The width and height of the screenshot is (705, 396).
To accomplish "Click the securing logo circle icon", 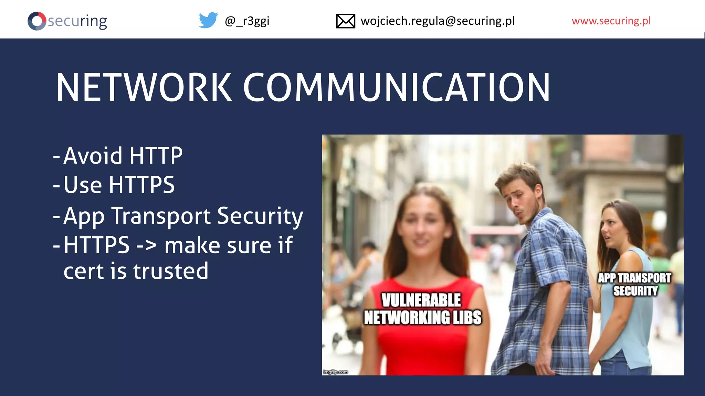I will pos(36,21).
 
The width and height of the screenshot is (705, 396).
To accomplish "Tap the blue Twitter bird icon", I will pos(208,20).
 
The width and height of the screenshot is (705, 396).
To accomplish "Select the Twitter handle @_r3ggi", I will pos(247,21).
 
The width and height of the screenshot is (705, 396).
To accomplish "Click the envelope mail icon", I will pos(345,21).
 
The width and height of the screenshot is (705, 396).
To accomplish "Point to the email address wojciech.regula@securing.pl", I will pos(438,21).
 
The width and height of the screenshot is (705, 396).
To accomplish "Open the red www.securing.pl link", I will pos(611,21).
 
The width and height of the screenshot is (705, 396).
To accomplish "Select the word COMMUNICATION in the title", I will pos(396,88).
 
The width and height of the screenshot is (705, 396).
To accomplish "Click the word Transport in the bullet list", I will pos(161,216).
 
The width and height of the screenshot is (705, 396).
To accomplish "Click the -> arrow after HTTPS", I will pos(147,245).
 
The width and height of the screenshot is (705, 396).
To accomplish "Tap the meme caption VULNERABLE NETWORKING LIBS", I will pos(422,309).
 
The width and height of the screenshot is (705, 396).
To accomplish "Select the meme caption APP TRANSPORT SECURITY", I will pos(634,284).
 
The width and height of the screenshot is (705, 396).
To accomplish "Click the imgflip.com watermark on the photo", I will pos(335,372).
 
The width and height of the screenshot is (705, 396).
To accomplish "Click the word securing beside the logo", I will pos(77,21).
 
